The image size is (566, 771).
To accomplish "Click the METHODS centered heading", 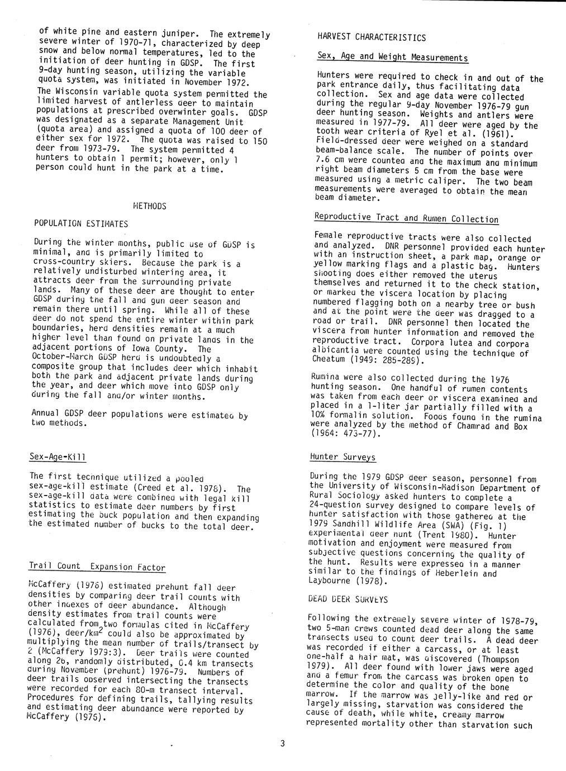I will (x=150, y=206).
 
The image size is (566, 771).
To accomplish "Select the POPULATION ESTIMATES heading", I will (x=81, y=224).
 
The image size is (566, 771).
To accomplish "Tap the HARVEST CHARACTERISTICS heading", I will (x=372, y=38).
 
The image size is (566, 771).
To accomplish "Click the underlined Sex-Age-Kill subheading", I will (x=58, y=458).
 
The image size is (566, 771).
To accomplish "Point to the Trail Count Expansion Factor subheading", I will (x=97, y=567).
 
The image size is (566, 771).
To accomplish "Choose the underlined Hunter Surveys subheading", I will (x=343, y=457).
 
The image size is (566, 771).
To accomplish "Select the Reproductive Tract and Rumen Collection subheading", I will (x=406, y=218).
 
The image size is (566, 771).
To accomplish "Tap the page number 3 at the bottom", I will (x=283, y=743).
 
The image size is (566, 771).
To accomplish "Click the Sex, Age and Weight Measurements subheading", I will (x=392, y=57).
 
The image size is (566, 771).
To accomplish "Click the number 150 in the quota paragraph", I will (x=258, y=141).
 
